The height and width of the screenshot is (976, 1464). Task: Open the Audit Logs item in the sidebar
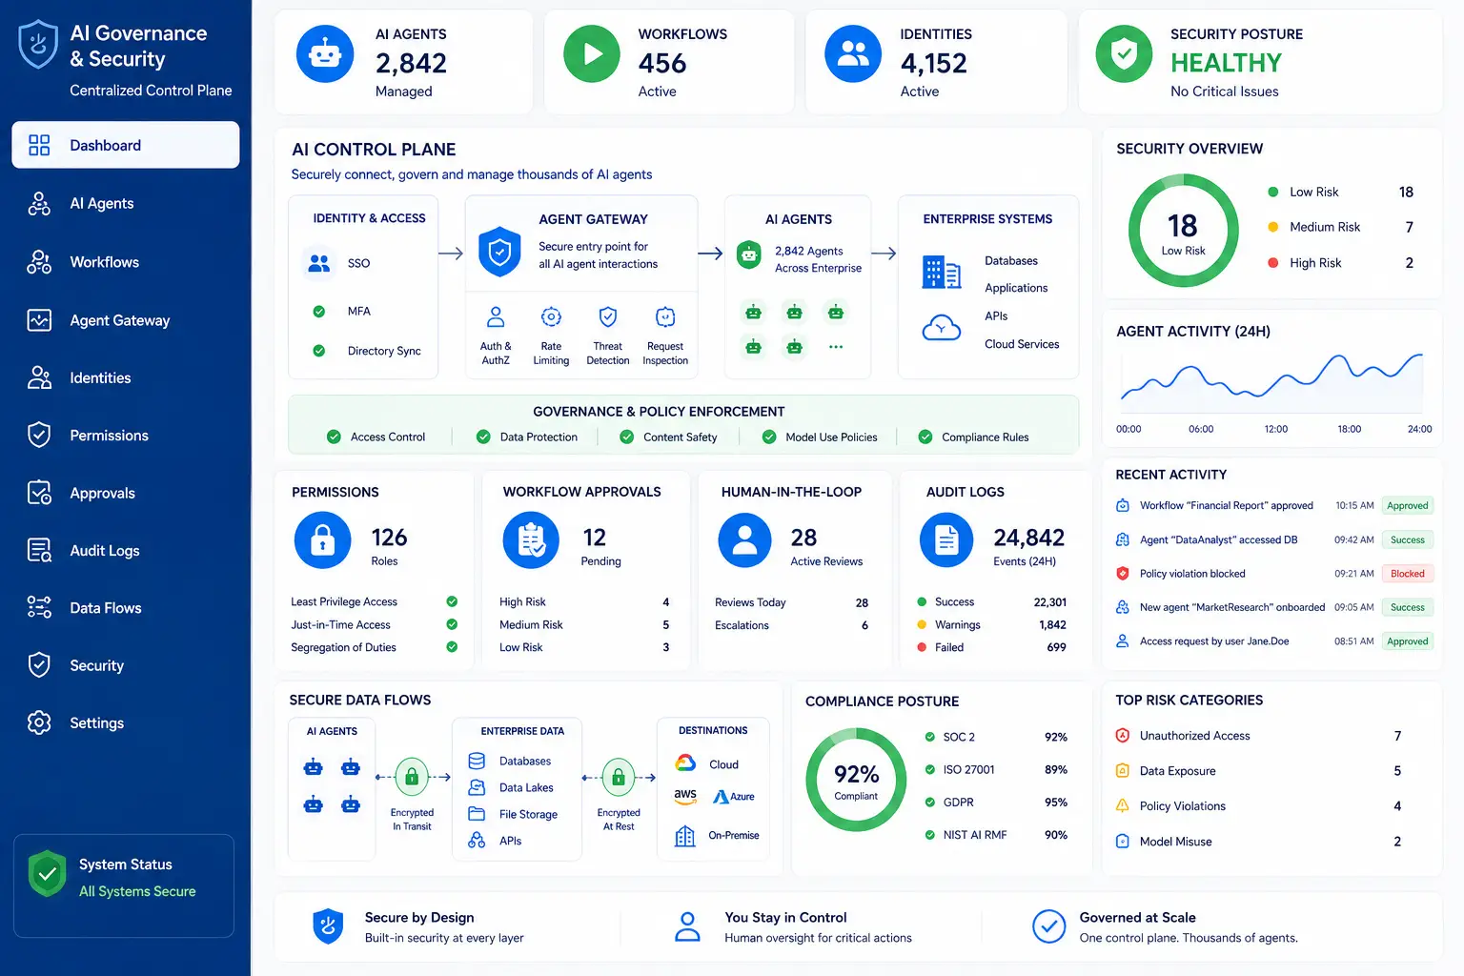coord(105,551)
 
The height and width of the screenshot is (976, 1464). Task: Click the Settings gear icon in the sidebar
coord(39,722)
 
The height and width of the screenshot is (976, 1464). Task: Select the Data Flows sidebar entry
coord(105,608)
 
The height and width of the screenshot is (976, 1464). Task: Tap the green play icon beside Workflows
coord(592,53)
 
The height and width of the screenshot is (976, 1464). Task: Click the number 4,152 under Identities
coord(933,64)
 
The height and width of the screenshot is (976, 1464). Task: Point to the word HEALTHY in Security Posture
coord(1226,64)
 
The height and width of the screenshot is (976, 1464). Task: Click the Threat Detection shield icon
coord(608,317)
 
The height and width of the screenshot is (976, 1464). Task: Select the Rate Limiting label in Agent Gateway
coord(551,353)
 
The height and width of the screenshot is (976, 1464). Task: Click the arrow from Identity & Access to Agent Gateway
coord(450,253)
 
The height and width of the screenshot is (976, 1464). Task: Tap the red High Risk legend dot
coord(1272,263)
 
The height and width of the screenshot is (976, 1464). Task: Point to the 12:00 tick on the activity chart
coord(1276,429)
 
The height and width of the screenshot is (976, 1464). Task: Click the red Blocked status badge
coord(1407,574)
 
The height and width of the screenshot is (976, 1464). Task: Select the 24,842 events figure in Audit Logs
coord(1028,538)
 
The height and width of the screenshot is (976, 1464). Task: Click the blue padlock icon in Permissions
coord(322,540)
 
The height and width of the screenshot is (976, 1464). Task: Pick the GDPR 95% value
coord(1055,803)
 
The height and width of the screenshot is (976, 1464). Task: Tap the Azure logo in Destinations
coord(733,796)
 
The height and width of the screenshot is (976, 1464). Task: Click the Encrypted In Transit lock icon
coord(412,777)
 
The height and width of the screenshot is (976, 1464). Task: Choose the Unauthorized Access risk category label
coord(1194,736)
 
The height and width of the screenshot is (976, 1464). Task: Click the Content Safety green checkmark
coord(626,437)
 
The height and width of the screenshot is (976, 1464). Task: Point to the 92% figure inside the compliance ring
coord(856,775)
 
